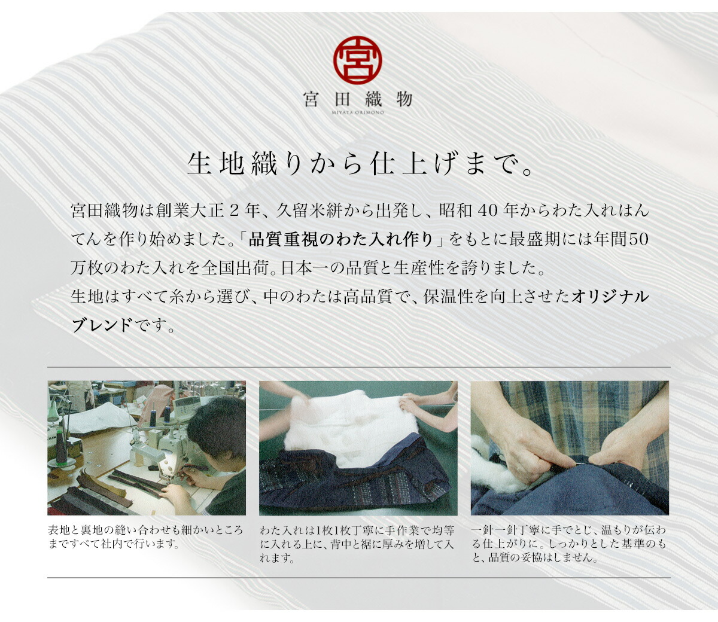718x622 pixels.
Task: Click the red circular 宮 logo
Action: click(357, 60)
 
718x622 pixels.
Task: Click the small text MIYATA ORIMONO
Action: click(358, 112)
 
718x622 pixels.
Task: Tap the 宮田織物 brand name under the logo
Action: click(358, 99)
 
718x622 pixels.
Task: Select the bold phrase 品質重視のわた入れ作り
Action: click(341, 240)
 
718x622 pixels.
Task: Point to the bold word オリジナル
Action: click(610, 297)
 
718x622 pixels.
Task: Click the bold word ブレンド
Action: click(102, 326)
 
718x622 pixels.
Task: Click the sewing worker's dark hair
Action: click(217, 427)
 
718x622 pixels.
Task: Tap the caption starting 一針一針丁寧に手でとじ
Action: click(568, 544)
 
